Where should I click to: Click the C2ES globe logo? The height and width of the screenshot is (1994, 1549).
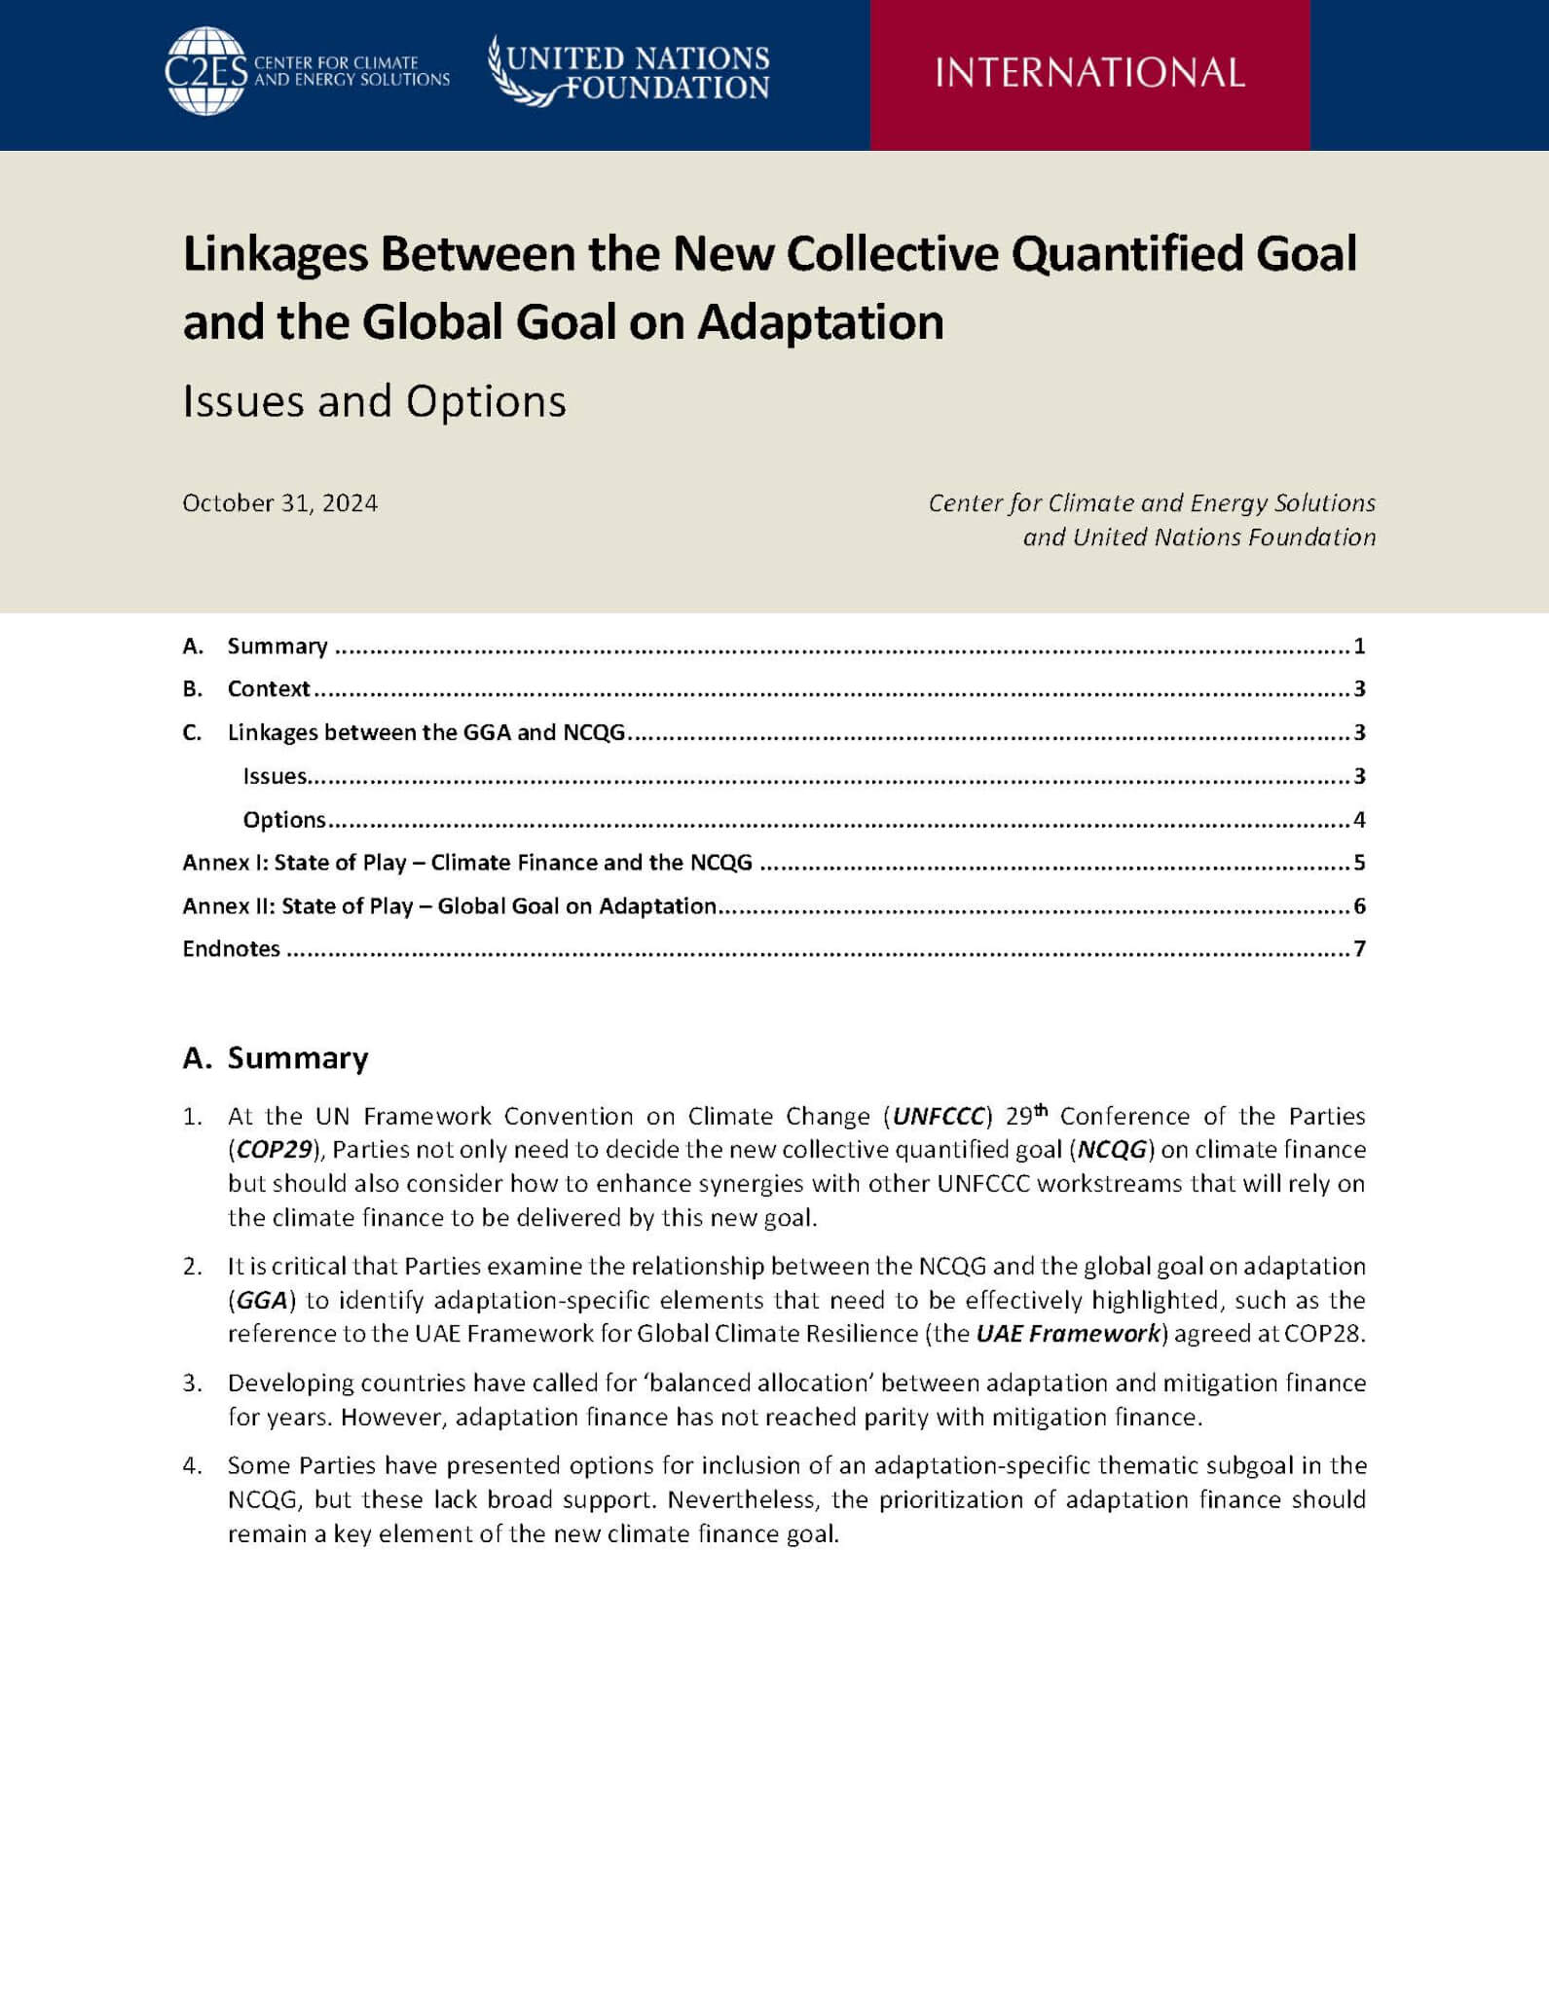205,70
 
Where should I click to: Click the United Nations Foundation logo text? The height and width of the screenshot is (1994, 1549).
638,72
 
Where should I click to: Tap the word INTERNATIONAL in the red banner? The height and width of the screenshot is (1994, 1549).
1089,73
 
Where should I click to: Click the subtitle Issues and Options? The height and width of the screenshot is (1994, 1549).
374,401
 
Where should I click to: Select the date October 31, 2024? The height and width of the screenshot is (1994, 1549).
280,503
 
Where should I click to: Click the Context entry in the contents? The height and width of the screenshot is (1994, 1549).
269,689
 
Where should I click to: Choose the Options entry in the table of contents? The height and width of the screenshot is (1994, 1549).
284,820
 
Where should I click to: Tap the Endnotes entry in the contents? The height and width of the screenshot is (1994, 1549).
232,949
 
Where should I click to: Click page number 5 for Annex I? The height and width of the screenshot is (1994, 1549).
1359,863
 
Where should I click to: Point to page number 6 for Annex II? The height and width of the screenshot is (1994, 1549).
1359,906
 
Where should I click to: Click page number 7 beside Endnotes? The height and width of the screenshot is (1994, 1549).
1359,949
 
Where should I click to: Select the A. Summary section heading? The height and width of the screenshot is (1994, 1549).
276,1058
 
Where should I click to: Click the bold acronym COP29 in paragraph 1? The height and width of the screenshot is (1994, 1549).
275,1150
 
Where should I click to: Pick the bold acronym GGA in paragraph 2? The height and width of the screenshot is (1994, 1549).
262,1301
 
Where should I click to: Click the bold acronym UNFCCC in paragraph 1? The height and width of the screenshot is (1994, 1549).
940,1116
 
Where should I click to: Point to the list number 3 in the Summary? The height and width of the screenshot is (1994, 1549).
191,1384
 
